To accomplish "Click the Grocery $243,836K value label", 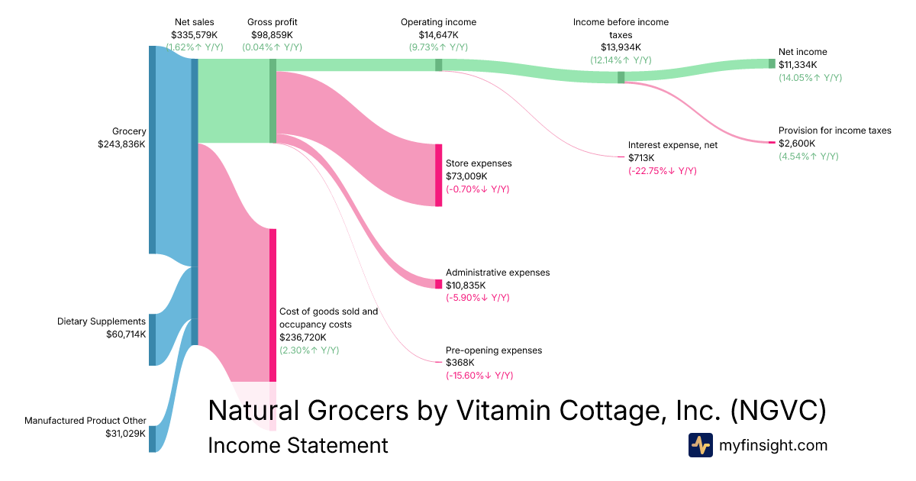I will (121, 144).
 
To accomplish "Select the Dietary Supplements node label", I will (102, 321).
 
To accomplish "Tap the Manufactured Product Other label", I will (85, 421).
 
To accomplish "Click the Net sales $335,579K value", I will (195, 34).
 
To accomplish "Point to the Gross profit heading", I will (272, 22).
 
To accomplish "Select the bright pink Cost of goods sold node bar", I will (273, 305).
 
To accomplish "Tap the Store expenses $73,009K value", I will (469, 176).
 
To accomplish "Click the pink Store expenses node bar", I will (438, 175).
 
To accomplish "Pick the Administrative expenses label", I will (497, 273).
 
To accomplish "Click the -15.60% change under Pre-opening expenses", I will (479, 376).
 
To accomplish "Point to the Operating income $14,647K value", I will (438, 34).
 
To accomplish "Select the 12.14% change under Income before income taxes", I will (621, 60).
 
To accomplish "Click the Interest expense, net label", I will (672, 144).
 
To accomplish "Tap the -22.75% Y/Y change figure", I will (662, 170).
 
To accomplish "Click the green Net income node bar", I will (771, 63).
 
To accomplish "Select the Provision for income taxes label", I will (834, 131).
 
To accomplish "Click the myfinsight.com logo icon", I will (700, 445).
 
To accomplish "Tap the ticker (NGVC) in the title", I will (778, 411).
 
